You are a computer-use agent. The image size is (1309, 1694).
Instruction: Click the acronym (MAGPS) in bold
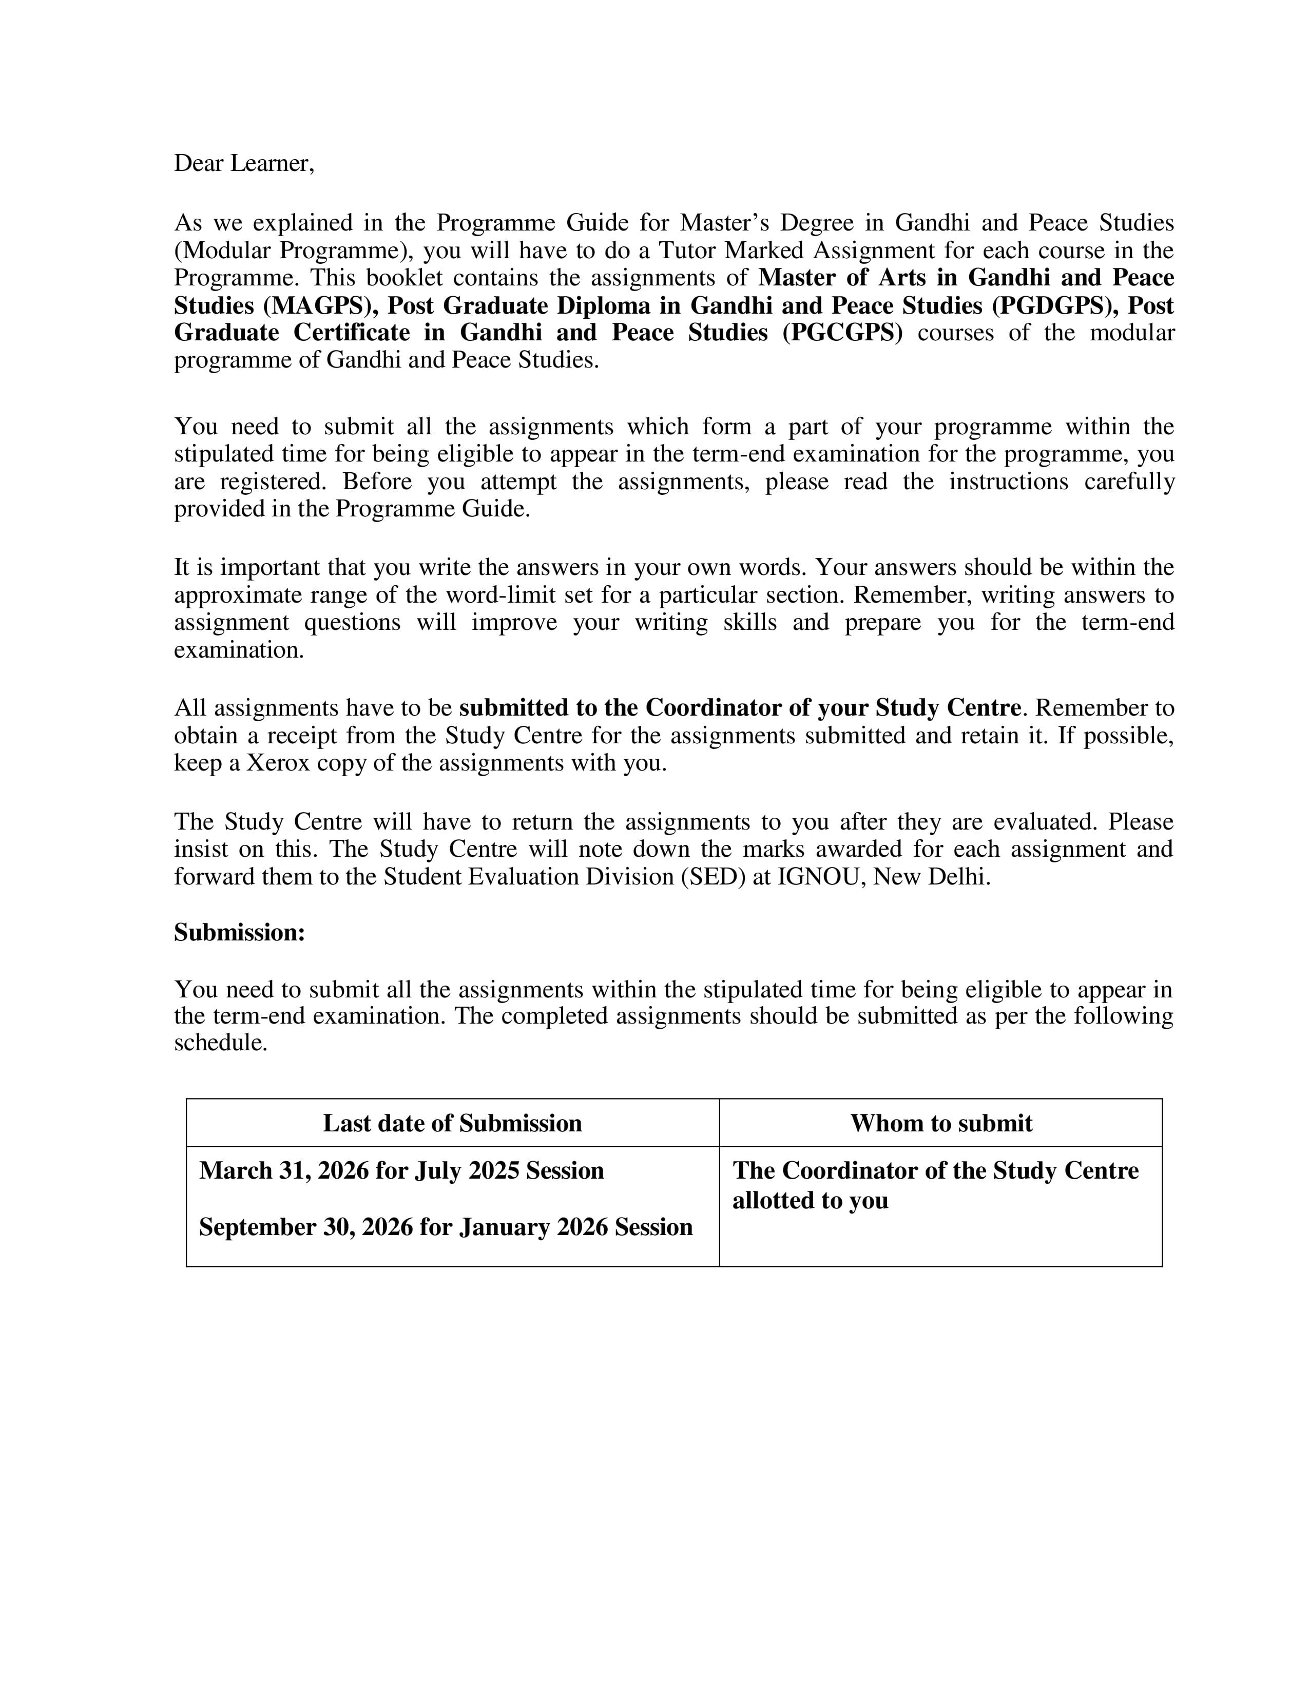[x=314, y=305]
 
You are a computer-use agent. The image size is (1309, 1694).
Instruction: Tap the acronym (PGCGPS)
[x=842, y=333]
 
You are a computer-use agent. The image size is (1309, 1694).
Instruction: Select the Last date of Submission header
[x=452, y=1123]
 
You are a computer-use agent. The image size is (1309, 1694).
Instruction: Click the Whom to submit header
[x=940, y=1123]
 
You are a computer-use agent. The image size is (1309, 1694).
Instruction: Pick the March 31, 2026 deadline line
[x=401, y=1170]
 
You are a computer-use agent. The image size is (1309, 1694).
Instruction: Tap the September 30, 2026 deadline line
[x=445, y=1227]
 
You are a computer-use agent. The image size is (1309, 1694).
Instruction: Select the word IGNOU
[x=820, y=877]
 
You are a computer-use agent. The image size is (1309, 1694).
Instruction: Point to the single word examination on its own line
[x=238, y=650]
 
